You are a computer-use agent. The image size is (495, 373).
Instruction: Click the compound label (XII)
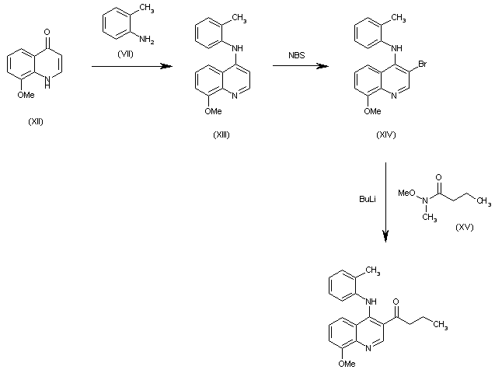click(x=36, y=121)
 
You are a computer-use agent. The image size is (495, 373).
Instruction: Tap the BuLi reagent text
click(x=367, y=200)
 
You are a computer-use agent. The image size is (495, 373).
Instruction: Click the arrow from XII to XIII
click(x=131, y=68)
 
